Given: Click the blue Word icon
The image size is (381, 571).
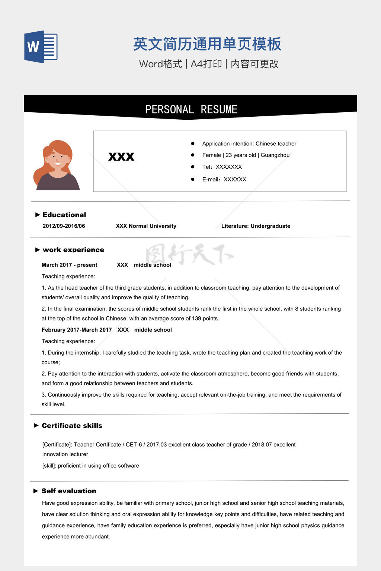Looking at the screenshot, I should pyautogui.click(x=41, y=46).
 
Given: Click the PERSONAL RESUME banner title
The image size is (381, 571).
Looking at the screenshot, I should pyautogui.click(x=191, y=109).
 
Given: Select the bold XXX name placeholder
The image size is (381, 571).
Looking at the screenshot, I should pyautogui.click(x=121, y=157).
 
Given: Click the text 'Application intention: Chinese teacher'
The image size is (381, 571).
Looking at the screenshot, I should pyautogui.click(x=249, y=143).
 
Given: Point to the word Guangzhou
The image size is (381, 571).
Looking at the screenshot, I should pyautogui.click(x=275, y=155).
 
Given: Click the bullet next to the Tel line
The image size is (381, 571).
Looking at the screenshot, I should pyautogui.click(x=193, y=167).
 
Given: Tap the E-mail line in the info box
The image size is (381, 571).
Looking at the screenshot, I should pyautogui.click(x=224, y=179).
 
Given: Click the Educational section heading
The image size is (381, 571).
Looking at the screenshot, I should pyautogui.click(x=64, y=215).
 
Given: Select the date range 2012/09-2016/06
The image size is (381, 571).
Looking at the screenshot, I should pyautogui.click(x=64, y=226).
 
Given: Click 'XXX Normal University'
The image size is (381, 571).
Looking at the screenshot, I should pyautogui.click(x=146, y=226).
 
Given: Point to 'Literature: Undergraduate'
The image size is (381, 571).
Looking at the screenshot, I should pyautogui.click(x=256, y=226).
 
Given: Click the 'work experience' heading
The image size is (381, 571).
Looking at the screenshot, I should pyautogui.click(x=73, y=250).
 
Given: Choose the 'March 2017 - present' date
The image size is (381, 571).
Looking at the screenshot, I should pyautogui.click(x=69, y=265).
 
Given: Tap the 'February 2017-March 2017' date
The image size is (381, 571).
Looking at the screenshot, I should pyautogui.click(x=77, y=330).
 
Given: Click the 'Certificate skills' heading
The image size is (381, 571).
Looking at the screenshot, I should pyautogui.click(x=72, y=426).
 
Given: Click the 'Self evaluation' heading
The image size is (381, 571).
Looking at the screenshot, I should pyautogui.click(x=69, y=491).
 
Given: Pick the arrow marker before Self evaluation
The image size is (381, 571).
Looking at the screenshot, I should pyautogui.click(x=36, y=491).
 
